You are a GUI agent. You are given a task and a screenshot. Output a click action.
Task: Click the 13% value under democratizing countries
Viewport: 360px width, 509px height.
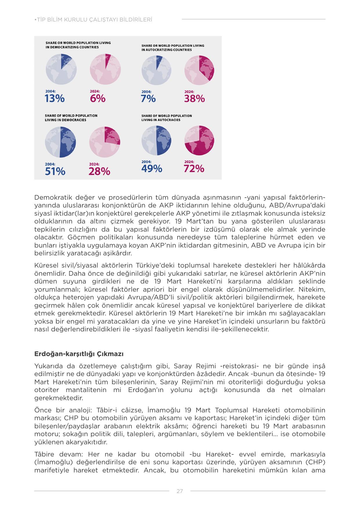[x=55, y=99]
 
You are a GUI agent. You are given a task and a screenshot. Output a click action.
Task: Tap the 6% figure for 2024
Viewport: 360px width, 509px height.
[x=98, y=99]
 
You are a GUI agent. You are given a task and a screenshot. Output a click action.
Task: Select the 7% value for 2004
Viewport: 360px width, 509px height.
[x=148, y=99]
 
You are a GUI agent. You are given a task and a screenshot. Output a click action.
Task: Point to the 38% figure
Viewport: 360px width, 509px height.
[x=194, y=99]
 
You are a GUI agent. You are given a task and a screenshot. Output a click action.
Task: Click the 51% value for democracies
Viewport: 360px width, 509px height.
[x=55, y=172]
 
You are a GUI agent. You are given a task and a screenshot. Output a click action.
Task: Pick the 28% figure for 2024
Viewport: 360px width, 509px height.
[x=99, y=172]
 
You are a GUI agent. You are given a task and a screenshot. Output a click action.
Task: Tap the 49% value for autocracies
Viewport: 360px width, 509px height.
[x=152, y=169]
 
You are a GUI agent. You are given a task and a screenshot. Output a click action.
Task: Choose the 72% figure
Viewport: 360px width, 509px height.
[x=194, y=169]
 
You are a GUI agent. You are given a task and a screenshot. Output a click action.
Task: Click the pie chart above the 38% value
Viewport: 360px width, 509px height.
[x=199, y=70]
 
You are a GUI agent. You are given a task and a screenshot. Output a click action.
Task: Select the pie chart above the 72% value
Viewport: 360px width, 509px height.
[x=199, y=140]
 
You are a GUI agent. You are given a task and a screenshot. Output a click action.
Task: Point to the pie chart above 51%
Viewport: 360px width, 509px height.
[x=60, y=142]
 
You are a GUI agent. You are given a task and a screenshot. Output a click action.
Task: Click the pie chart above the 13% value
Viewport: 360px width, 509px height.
[x=61, y=69]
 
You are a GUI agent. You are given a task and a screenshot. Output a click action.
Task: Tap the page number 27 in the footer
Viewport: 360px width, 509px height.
[x=180, y=491]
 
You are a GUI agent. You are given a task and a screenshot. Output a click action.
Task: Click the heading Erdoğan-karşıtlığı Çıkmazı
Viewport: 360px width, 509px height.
[x=79, y=354]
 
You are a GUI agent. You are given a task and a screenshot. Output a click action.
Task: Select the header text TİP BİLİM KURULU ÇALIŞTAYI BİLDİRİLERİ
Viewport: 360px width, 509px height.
[x=93, y=20]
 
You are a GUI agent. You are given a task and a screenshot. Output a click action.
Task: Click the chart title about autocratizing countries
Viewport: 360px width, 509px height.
[x=173, y=48]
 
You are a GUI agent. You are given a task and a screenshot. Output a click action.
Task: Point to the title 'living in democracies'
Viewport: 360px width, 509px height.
[x=71, y=118]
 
